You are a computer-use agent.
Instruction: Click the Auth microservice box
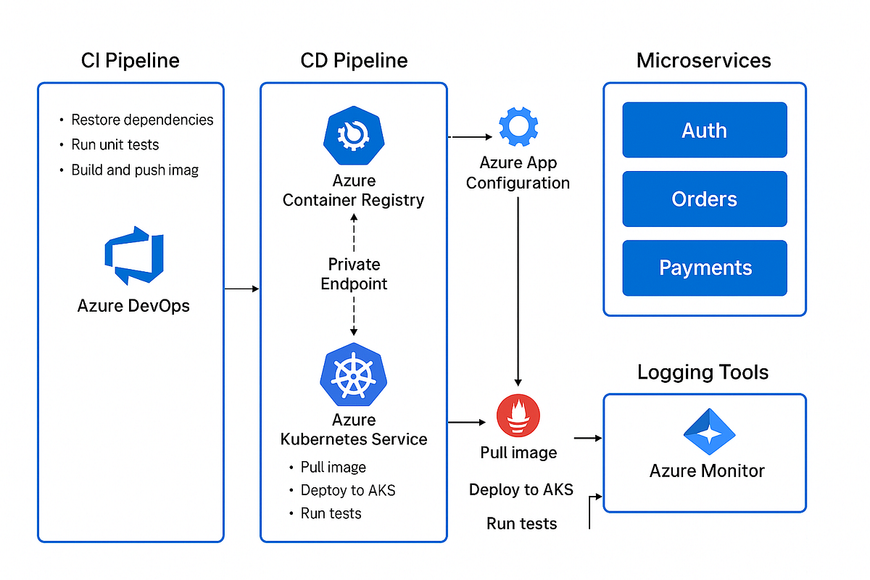[x=704, y=130]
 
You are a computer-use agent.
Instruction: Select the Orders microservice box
[x=704, y=199]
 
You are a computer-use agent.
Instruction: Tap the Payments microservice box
[x=704, y=268]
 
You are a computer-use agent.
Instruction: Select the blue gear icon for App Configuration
[x=518, y=126]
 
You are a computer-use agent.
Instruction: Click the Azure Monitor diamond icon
[x=708, y=432]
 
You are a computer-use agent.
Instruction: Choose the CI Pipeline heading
[x=130, y=61]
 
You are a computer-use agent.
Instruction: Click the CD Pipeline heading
[x=354, y=61]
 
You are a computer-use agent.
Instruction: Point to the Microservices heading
[x=703, y=61]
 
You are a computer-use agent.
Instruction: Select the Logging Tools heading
[x=703, y=373]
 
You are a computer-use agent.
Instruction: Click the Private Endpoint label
[x=354, y=274]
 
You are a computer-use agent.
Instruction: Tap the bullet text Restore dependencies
[x=142, y=120]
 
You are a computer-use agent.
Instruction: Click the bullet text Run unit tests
[x=115, y=145]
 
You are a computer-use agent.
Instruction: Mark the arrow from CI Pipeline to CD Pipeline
[x=241, y=289]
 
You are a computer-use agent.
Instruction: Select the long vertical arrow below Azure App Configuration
[x=518, y=290]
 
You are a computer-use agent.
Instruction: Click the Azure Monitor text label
[x=707, y=471]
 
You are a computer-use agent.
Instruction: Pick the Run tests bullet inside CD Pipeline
[x=331, y=513]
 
